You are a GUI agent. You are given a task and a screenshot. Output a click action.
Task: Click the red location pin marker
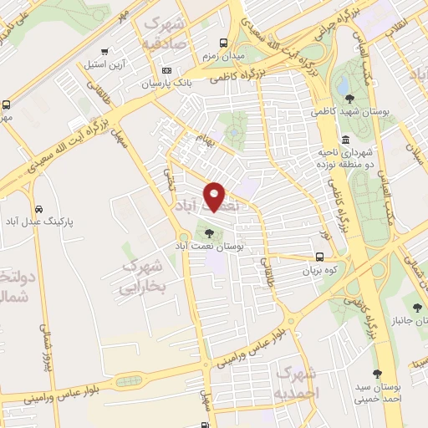(x=215, y=196)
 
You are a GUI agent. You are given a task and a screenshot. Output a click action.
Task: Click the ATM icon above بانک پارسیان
(x=166, y=70)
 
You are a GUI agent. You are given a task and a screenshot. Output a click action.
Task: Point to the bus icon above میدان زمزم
(x=223, y=42)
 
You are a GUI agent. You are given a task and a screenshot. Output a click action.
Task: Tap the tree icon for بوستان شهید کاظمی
(x=349, y=99)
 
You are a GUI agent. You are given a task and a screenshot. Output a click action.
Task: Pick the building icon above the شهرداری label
(x=345, y=139)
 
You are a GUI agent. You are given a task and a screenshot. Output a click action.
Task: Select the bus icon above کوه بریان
(x=320, y=257)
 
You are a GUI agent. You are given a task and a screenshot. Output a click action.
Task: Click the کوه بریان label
(x=319, y=271)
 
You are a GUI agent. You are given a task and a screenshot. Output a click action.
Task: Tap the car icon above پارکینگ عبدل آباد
(x=38, y=209)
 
